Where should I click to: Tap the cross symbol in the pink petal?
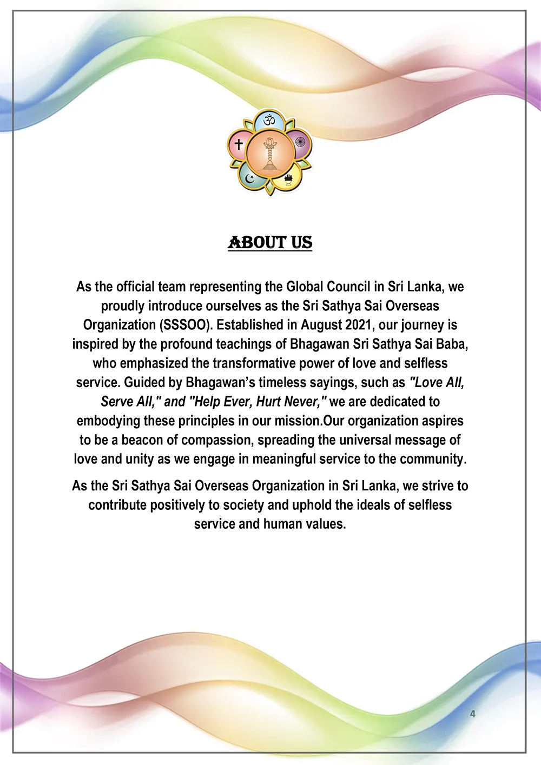click(238, 144)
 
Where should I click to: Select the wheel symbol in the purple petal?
click(300, 144)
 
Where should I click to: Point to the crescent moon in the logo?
click(249, 178)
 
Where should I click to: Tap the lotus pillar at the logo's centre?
click(269, 154)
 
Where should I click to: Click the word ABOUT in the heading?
click(257, 243)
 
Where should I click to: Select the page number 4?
click(473, 714)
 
